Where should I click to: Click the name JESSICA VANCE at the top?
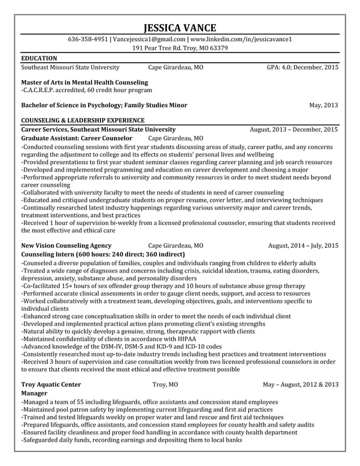[179, 28]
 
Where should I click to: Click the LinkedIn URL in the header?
[241, 39]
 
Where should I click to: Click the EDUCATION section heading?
[39, 58]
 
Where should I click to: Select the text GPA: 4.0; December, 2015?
[302, 67]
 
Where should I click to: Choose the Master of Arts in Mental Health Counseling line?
[84, 82]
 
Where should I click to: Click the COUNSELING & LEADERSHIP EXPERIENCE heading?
[82, 120]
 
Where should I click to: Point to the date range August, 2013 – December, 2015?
[294, 129]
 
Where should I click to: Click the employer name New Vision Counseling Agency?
[66, 245]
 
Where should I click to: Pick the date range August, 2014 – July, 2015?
[303, 245]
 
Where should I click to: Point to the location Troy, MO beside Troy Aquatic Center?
[165, 384]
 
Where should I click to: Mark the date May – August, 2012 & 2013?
[301, 384]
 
